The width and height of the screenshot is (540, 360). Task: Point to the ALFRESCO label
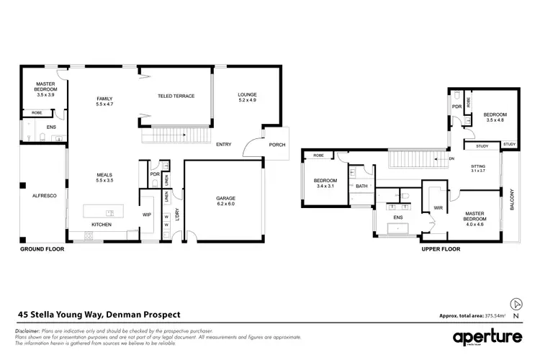pyautogui.click(x=35, y=195)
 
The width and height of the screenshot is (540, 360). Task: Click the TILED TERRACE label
pyautogui.click(x=176, y=96)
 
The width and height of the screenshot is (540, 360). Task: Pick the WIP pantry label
pyautogui.click(x=147, y=214)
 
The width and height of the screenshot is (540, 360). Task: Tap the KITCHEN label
pyautogui.click(x=102, y=225)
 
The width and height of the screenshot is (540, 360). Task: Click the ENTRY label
pyautogui.click(x=224, y=145)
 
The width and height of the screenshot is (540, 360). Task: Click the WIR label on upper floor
pyautogui.click(x=437, y=208)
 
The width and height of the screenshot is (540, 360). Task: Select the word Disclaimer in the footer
pyautogui.click(x=27, y=329)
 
